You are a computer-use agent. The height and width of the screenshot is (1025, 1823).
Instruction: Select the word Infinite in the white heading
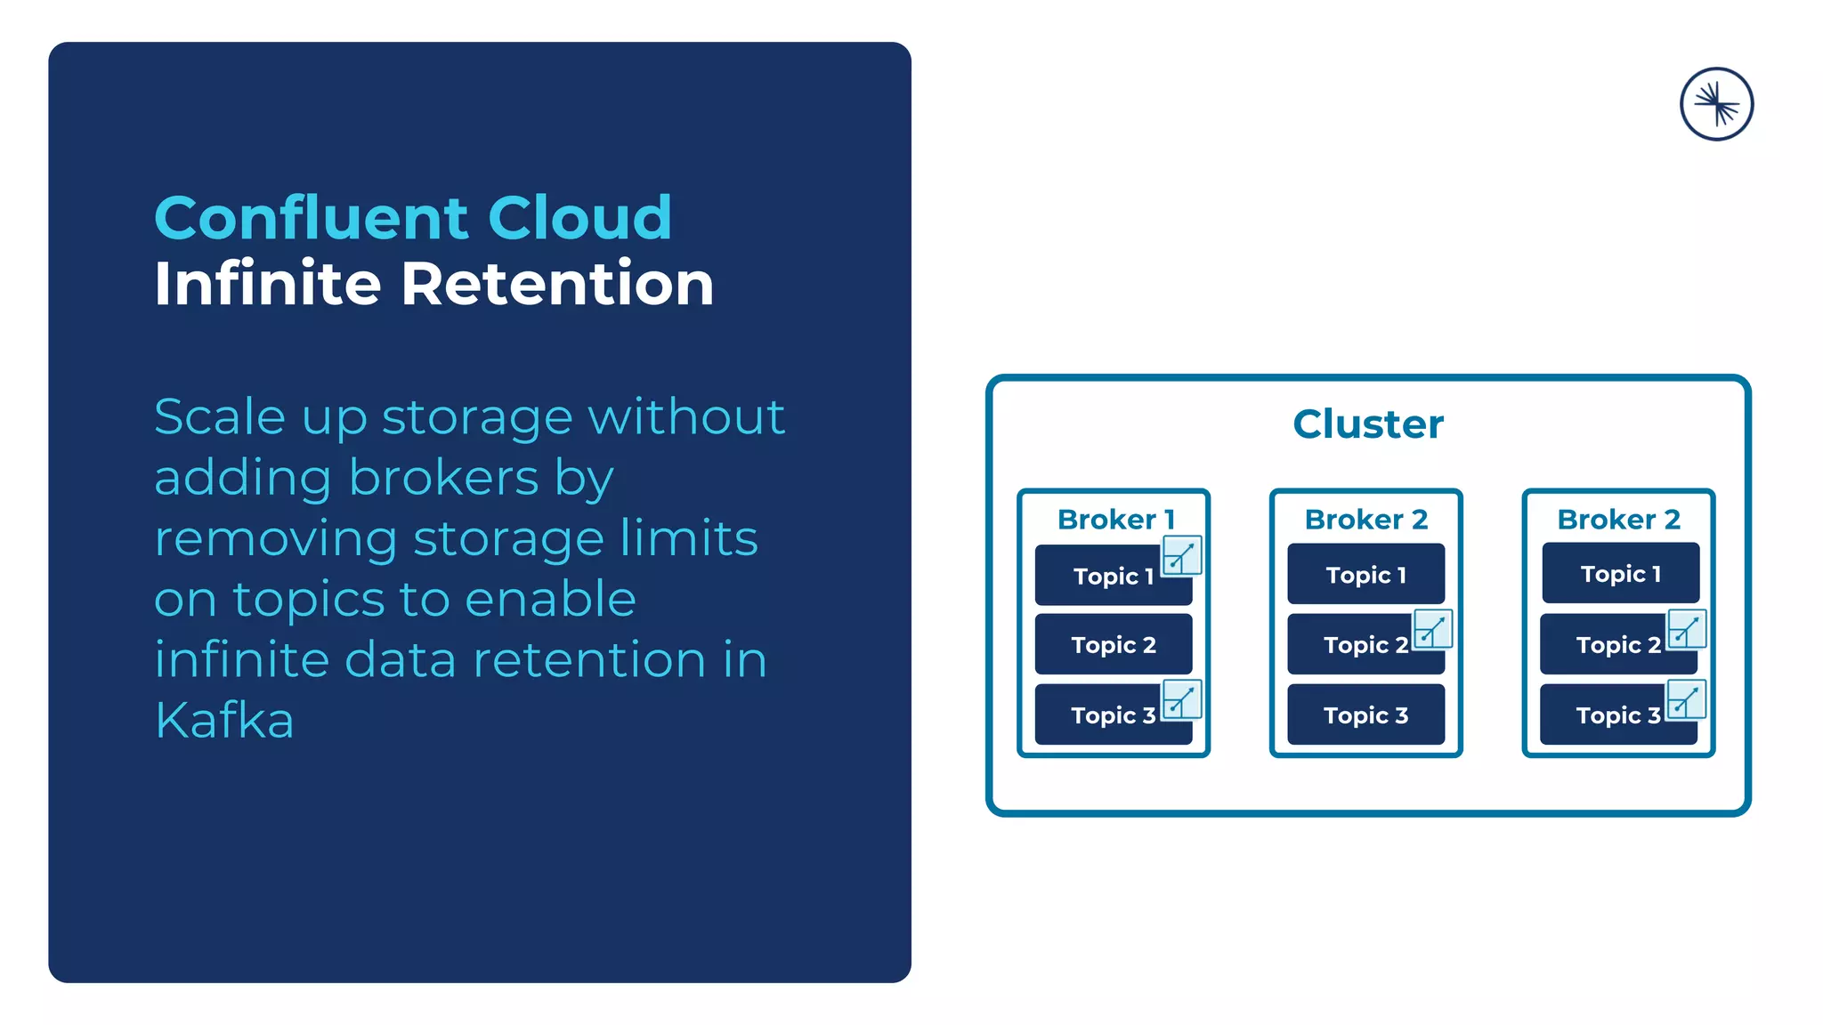tap(268, 284)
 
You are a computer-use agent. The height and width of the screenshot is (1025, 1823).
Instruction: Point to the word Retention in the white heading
tap(557, 284)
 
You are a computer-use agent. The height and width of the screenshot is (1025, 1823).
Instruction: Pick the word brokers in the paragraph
tap(443, 478)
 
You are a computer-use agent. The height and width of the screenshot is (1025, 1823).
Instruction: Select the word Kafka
tap(224, 720)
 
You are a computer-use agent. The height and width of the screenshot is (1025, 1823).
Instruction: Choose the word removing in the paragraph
tap(275, 538)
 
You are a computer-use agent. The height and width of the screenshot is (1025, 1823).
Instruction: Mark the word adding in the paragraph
tap(243, 480)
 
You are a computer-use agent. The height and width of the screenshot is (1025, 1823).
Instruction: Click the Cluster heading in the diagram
tap(1368, 424)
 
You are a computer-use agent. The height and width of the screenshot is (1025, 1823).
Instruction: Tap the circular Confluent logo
tap(1716, 104)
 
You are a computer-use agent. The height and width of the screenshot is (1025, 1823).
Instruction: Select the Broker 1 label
tap(1116, 519)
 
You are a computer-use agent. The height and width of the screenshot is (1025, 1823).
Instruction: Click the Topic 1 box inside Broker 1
tap(1104, 577)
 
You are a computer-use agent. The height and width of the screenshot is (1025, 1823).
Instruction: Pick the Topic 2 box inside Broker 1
tap(1114, 644)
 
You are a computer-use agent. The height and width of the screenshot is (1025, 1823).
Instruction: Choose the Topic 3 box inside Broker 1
tap(1104, 715)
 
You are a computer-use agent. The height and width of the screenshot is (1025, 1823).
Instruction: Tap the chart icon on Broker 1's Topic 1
tap(1182, 556)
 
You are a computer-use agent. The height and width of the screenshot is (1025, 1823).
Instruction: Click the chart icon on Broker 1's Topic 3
tap(1182, 699)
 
